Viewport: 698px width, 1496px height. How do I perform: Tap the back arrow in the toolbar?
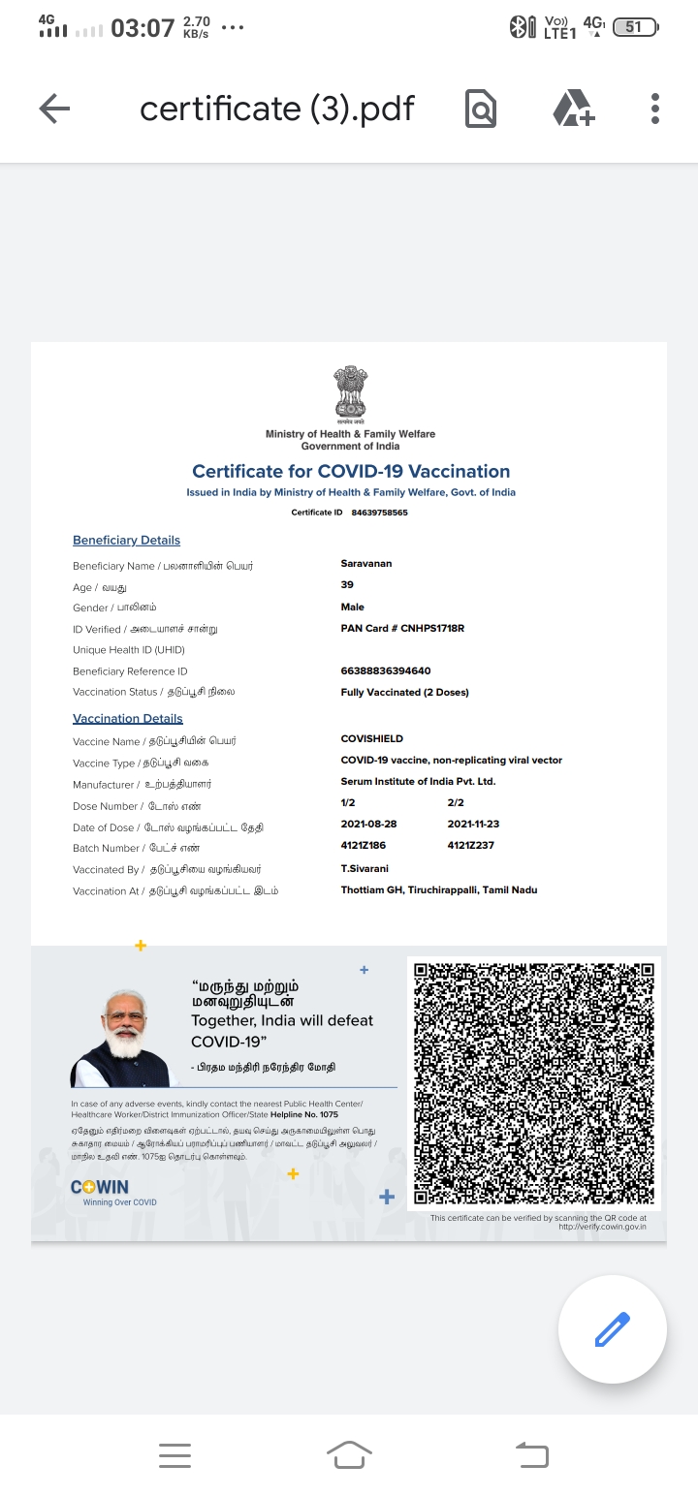pyautogui.click(x=54, y=109)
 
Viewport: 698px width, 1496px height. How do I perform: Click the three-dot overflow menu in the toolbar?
pyautogui.click(x=655, y=109)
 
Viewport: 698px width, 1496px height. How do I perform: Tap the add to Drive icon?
pyautogui.click(x=573, y=109)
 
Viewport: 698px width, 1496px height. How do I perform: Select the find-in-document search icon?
pyautogui.click(x=481, y=109)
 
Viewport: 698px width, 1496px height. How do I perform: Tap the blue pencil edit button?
pyautogui.click(x=612, y=1328)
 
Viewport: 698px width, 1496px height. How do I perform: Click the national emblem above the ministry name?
pyautogui.click(x=351, y=393)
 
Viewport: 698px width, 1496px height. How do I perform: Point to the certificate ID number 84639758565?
pyautogui.click(x=379, y=513)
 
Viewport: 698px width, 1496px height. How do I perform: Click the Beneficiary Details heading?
pyautogui.click(x=126, y=540)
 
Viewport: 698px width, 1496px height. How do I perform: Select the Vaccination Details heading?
pyautogui.click(x=128, y=718)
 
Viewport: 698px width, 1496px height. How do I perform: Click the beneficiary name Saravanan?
pyautogui.click(x=366, y=563)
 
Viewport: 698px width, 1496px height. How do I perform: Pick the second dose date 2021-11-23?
pyautogui.click(x=473, y=824)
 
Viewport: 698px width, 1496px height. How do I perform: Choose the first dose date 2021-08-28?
pyautogui.click(x=368, y=824)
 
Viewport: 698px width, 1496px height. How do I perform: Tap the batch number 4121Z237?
pyautogui.click(x=471, y=845)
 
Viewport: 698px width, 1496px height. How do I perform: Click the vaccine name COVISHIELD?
pyautogui.click(x=372, y=738)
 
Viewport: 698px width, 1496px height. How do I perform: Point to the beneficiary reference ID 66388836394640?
pyautogui.click(x=386, y=670)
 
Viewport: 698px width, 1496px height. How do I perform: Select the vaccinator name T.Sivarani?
pyautogui.click(x=365, y=868)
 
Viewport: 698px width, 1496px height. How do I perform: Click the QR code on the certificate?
pyautogui.click(x=534, y=1083)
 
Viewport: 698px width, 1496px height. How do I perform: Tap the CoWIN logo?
pyautogui.click(x=100, y=1187)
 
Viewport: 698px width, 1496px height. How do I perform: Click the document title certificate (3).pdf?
pyautogui.click(x=277, y=109)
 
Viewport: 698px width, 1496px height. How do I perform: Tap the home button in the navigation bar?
pyautogui.click(x=349, y=1454)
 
